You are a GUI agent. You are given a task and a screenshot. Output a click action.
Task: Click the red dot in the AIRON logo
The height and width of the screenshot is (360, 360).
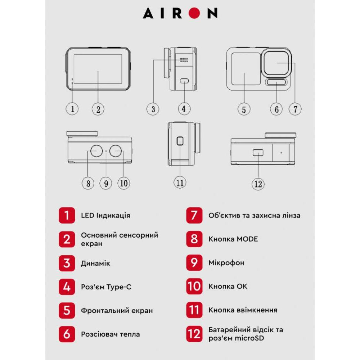[x=194, y=13]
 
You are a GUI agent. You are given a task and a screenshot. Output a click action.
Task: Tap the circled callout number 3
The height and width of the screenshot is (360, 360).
[x=153, y=109]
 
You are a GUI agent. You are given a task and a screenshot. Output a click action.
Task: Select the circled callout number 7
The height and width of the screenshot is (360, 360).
[x=295, y=109]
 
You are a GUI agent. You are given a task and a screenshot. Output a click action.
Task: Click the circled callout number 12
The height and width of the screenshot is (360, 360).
[x=258, y=184]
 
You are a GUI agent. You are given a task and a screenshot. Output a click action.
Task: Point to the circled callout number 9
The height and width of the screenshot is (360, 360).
[x=106, y=183]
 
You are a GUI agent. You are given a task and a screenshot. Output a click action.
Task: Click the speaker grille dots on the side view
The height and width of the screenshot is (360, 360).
[x=184, y=60]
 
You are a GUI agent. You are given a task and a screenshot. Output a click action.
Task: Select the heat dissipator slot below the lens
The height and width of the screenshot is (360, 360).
[x=276, y=82]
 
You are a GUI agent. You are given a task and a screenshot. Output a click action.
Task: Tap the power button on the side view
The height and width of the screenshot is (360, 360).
[x=180, y=141]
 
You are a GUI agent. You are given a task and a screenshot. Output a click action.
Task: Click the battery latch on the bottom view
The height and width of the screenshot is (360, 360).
[x=258, y=153]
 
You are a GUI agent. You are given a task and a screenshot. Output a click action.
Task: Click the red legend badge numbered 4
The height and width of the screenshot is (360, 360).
[x=67, y=287]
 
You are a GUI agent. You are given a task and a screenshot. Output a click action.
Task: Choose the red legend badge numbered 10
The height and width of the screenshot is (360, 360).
[x=194, y=286]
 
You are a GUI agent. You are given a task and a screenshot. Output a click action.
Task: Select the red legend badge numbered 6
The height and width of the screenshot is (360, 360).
[x=67, y=334]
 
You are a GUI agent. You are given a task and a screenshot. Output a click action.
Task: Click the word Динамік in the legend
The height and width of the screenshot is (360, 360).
[x=95, y=263]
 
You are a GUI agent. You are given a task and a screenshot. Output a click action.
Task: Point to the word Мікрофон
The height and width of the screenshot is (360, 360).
[x=226, y=263]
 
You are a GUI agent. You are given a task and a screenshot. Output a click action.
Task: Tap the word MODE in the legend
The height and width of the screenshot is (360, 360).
[x=247, y=239]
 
